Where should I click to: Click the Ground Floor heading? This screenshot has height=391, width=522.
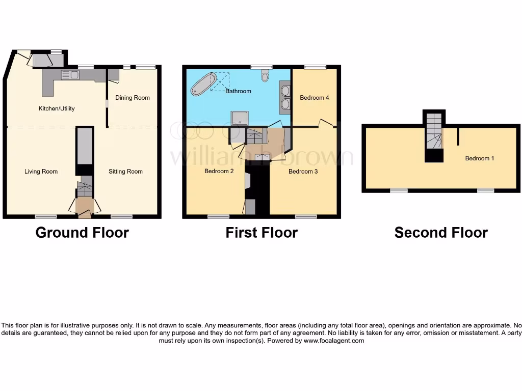(x=82, y=233)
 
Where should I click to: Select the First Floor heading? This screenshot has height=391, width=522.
(x=262, y=233)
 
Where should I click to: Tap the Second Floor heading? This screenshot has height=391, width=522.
(x=441, y=233)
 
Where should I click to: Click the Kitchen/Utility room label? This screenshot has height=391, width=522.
(x=57, y=108)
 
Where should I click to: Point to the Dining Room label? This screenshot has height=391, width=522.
(x=133, y=98)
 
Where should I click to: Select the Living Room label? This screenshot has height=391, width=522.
(x=41, y=172)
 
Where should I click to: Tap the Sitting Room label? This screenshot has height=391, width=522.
(x=125, y=172)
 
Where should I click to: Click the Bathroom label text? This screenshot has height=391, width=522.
(x=239, y=91)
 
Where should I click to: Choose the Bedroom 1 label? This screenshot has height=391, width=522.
(x=480, y=158)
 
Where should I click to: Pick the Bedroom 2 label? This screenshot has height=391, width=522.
(x=219, y=171)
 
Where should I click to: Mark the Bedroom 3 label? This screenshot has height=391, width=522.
(x=303, y=172)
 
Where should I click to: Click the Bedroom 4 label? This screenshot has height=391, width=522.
(x=315, y=98)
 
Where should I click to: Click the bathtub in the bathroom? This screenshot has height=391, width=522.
(x=203, y=84)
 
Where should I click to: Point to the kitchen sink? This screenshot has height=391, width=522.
(x=70, y=75)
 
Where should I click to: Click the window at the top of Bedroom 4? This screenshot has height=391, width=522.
(x=316, y=67)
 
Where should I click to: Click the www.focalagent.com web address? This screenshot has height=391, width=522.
(x=334, y=341)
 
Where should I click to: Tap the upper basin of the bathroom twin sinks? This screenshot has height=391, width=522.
(x=285, y=92)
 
